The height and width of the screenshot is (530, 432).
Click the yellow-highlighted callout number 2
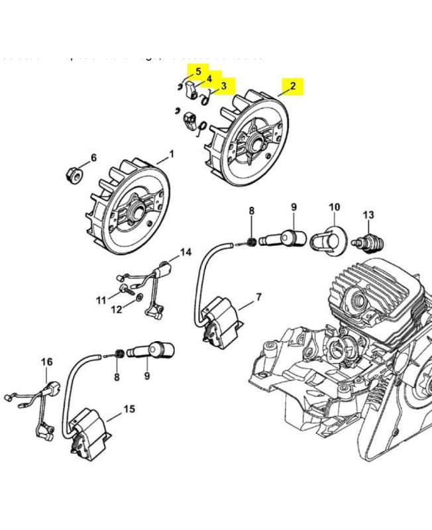point(292,86)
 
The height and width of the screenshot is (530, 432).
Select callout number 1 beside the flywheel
point(172,154)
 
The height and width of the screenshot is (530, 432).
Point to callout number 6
point(93,158)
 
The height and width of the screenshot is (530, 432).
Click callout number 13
point(369,214)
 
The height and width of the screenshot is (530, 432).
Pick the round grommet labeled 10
point(332,238)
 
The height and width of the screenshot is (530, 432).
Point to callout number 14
point(186,252)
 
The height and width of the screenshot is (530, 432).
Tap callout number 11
point(101,300)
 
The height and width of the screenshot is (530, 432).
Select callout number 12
point(116,309)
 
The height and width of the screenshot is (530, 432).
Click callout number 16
point(46,362)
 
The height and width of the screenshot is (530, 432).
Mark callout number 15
point(129,409)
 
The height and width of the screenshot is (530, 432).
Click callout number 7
point(258,296)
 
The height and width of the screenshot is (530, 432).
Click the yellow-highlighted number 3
point(224,85)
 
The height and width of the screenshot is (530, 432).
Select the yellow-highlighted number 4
point(209,78)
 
